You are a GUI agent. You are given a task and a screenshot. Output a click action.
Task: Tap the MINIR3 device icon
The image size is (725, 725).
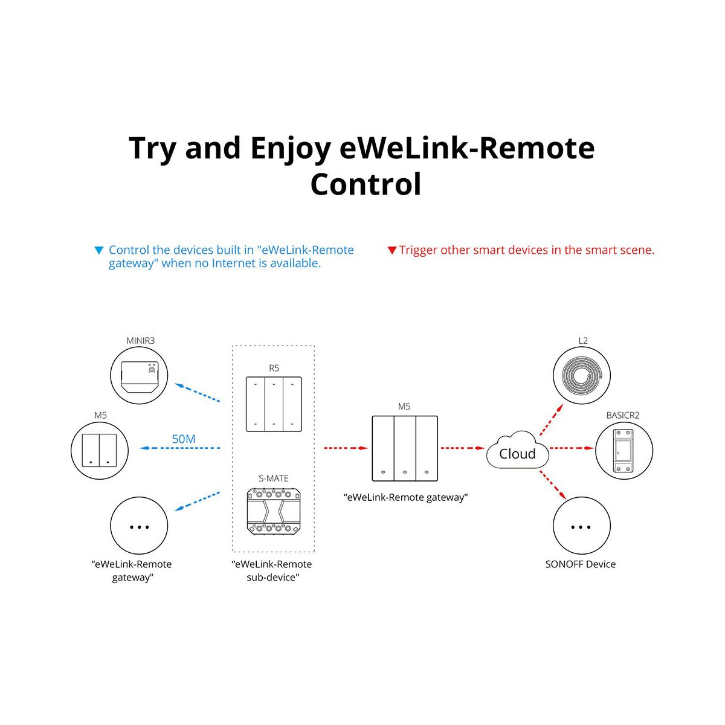[x=139, y=376]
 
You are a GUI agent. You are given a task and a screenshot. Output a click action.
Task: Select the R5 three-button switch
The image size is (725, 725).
[x=274, y=404]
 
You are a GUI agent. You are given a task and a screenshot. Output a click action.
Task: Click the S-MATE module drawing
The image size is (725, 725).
[x=273, y=511]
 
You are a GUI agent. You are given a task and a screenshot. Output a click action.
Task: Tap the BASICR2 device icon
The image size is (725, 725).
[x=623, y=451]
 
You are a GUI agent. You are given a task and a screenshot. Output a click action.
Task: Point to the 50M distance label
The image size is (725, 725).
[x=184, y=439]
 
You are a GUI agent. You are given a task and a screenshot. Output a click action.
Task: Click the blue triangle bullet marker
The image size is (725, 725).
[x=99, y=250]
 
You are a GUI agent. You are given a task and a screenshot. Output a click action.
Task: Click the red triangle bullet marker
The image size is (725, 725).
[x=391, y=250]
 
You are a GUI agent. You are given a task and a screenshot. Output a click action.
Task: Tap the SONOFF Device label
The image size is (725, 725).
[x=580, y=564]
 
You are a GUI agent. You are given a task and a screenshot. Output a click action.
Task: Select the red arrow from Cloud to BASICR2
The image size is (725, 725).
[x=572, y=448]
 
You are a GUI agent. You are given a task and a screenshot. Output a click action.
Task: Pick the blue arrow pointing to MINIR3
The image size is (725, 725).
[x=197, y=392]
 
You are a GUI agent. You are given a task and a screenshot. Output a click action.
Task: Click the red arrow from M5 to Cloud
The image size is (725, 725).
[x=463, y=448]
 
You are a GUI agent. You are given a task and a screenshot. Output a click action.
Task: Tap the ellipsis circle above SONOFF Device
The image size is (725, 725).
[x=581, y=526]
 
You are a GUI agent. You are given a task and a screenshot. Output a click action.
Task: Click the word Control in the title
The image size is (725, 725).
[x=366, y=184]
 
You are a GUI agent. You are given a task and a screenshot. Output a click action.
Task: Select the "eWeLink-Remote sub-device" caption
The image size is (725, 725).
[x=272, y=571]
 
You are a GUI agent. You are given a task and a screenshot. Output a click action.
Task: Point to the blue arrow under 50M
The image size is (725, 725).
[x=180, y=448]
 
